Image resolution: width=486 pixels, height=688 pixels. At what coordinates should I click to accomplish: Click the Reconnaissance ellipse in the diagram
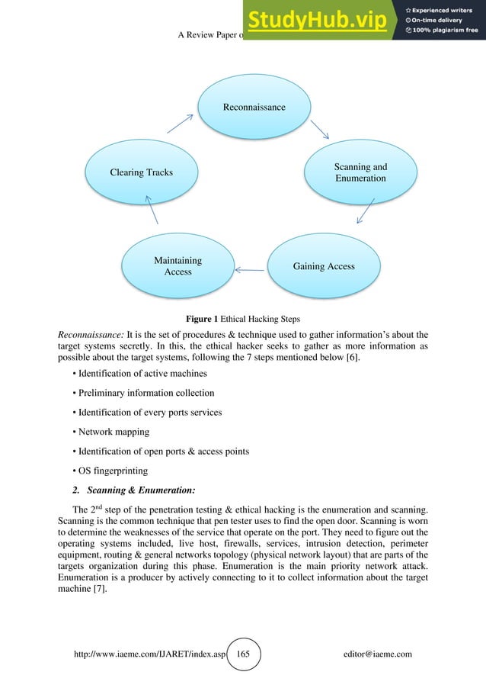[254, 107]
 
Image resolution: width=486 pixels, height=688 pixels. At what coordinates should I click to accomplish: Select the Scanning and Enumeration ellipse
[360, 172]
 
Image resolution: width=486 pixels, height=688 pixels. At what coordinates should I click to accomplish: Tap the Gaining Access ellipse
[324, 266]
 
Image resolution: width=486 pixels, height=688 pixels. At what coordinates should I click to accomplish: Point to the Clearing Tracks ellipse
[141, 172]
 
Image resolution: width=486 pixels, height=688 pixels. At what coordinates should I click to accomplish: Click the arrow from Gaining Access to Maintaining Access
[249, 268]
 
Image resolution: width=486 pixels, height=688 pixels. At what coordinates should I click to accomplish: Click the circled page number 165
[243, 654]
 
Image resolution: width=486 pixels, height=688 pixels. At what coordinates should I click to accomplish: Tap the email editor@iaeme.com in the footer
[378, 654]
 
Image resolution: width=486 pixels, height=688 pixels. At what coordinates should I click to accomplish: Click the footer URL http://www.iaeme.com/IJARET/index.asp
[149, 654]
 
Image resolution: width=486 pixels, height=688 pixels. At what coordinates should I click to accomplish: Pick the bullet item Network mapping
[111, 432]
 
